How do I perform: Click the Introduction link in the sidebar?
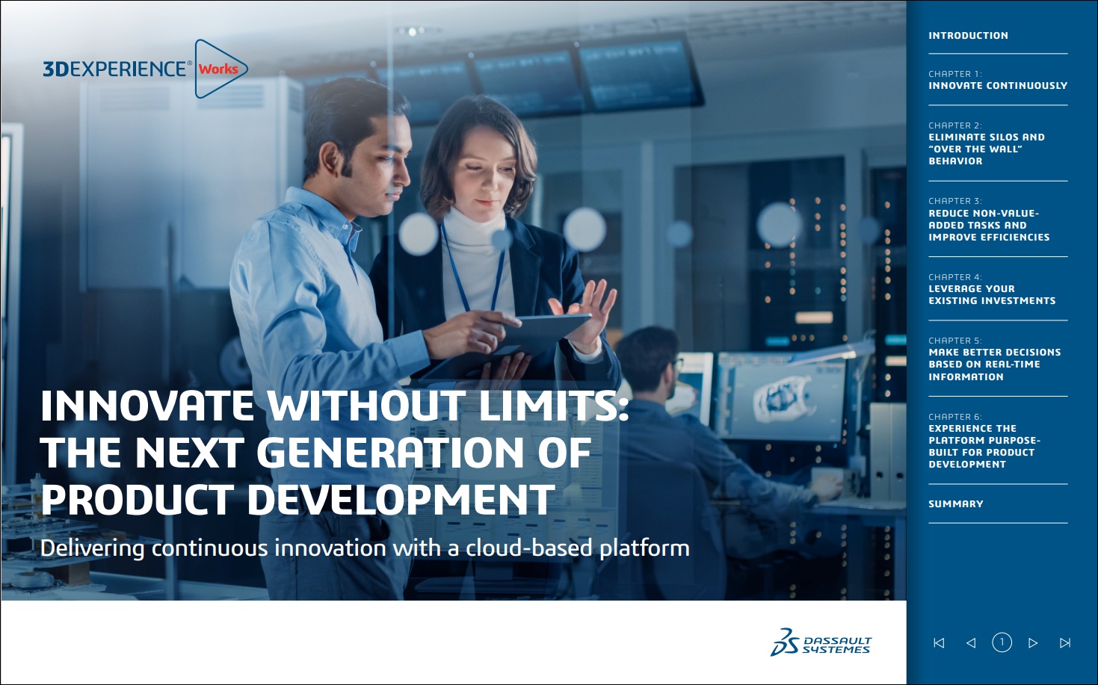point(968,35)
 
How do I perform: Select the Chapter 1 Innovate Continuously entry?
point(998,80)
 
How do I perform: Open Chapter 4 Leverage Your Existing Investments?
point(992,288)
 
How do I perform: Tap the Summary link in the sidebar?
point(956,503)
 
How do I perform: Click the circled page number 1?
point(1002,642)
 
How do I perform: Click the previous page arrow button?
point(970,642)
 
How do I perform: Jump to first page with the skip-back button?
point(939,642)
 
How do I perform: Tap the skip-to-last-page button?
point(1064,642)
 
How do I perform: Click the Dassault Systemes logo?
point(821,642)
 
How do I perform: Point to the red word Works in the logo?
point(218,69)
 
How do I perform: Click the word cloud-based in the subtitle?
point(529,548)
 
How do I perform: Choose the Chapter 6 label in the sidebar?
point(955,417)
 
